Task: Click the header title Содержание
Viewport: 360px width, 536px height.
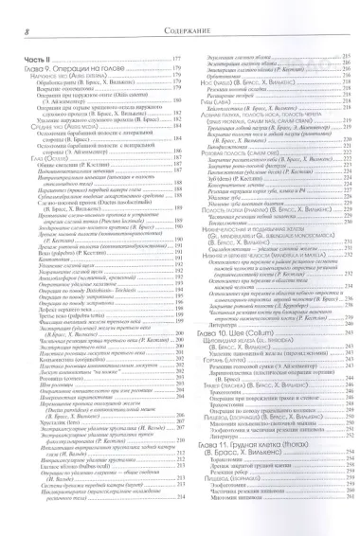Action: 180,10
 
